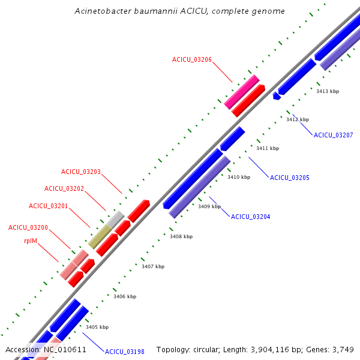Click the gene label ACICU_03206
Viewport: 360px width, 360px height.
[x=191, y=59]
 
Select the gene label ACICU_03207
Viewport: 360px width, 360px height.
[x=333, y=135]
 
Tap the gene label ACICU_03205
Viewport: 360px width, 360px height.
[x=289, y=178]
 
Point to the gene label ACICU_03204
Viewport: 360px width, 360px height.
[x=250, y=217]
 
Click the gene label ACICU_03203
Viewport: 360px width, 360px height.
[x=80, y=172]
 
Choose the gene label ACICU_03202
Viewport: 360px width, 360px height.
[x=64, y=188]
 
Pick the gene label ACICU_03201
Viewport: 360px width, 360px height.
[x=48, y=206]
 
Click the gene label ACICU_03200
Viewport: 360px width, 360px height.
[x=28, y=228]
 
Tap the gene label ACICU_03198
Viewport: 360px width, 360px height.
[x=124, y=352]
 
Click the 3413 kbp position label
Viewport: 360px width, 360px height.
[x=328, y=91]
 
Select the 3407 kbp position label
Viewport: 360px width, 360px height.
[x=153, y=266]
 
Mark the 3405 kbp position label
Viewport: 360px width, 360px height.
[x=97, y=327]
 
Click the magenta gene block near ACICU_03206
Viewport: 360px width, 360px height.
[x=242, y=92]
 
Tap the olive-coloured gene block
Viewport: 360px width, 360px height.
[x=100, y=237]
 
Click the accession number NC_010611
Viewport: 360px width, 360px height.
[x=65, y=349]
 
